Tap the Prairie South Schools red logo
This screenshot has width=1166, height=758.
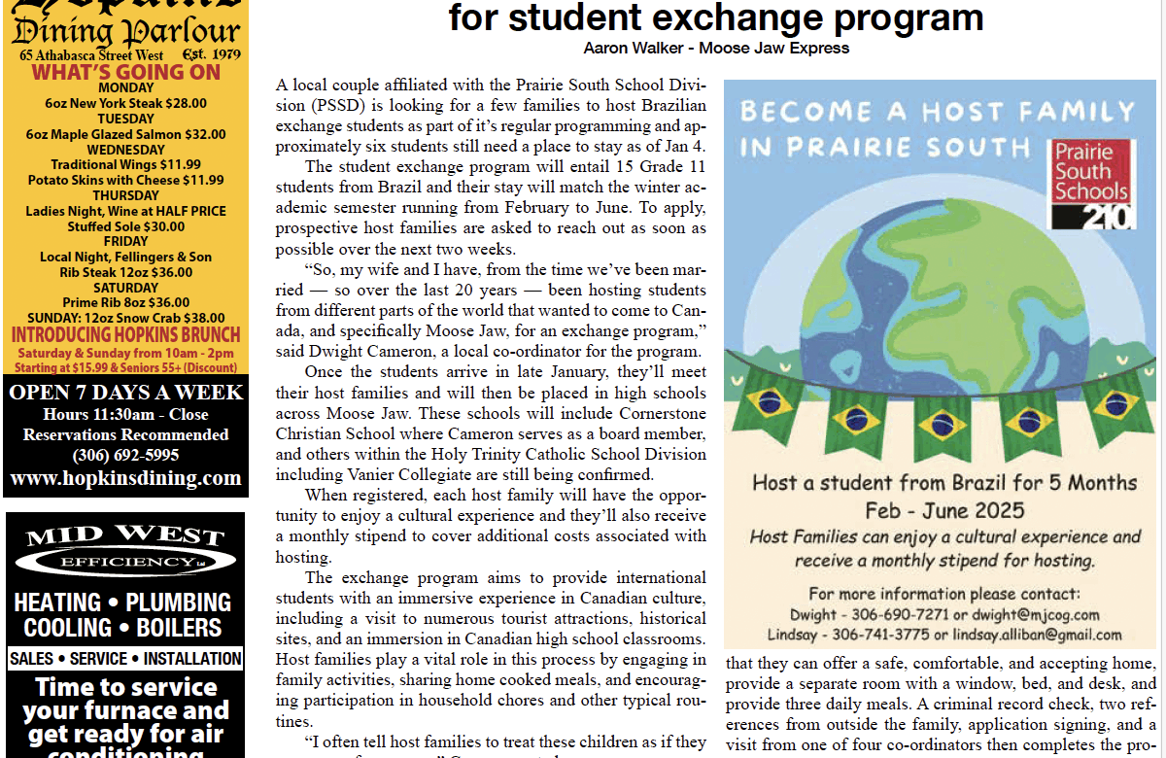(1091, 183)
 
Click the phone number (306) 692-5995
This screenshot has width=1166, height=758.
(125, 455)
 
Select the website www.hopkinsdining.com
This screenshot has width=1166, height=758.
(125, 478)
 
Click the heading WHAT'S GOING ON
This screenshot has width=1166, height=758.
(125, 72)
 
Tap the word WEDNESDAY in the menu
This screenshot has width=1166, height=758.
(125, 150)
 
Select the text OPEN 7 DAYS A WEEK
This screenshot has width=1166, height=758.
(125, 393)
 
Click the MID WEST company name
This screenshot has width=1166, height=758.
(124, 536)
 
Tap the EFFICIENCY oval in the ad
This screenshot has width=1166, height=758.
(124, 562)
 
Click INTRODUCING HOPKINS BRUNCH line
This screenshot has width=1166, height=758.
(125, 334)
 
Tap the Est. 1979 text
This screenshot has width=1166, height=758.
(211, 55)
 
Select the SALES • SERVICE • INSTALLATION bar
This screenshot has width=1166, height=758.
(125, 659)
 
